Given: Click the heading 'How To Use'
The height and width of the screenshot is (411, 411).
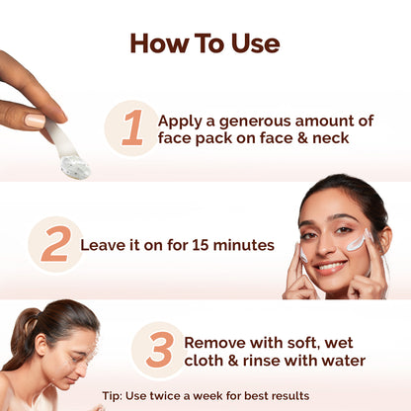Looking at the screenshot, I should pos(205,43).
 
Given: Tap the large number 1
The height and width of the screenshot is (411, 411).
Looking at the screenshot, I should pos(131,128).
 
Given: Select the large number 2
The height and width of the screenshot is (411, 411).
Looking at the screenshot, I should pos(54,244).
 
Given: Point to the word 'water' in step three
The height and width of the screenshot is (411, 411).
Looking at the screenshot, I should pos(340,361).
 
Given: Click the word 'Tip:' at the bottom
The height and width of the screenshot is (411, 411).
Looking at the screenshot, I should pos(113,396).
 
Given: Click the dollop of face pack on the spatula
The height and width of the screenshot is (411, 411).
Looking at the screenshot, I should pos(74,166).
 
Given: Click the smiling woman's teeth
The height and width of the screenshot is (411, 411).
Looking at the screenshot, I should pos(330,267).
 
